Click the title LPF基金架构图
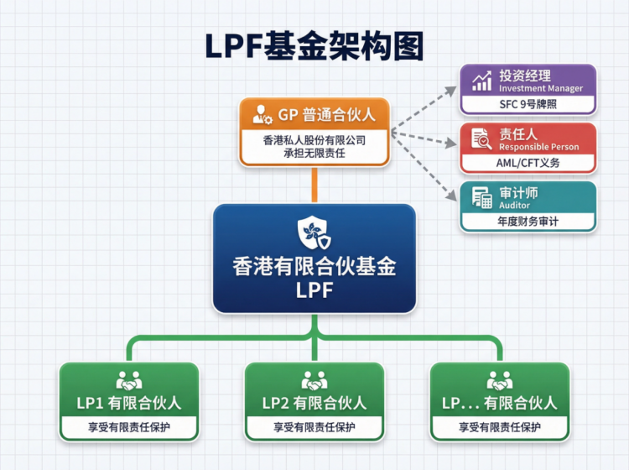[314, 46]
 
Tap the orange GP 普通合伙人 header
[314, 114]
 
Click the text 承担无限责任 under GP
[314, 153]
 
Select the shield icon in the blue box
[314, 233]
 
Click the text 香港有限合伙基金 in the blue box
[314, 268]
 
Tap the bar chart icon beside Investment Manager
[481, 81]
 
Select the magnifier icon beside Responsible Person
[481, 139]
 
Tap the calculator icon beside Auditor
[481, 198]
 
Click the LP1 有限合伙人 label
[129, 403]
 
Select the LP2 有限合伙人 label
[314, 403]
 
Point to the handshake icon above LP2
[314, 379]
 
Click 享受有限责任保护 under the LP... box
[500, 427]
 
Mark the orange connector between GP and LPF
[314, 185]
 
